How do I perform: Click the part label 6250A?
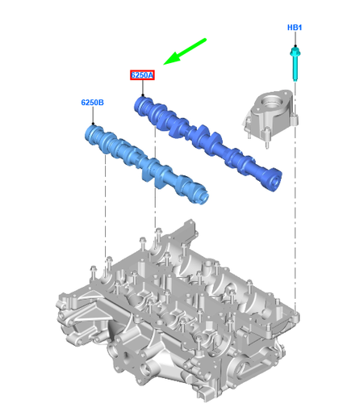point(142,75)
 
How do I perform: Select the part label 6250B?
point(92,103)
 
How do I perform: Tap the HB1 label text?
point(295,27)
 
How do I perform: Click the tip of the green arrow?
point(165,62)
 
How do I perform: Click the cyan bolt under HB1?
point(295,65)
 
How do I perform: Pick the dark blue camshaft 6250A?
point(210,141)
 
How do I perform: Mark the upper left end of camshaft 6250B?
point(91,132)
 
